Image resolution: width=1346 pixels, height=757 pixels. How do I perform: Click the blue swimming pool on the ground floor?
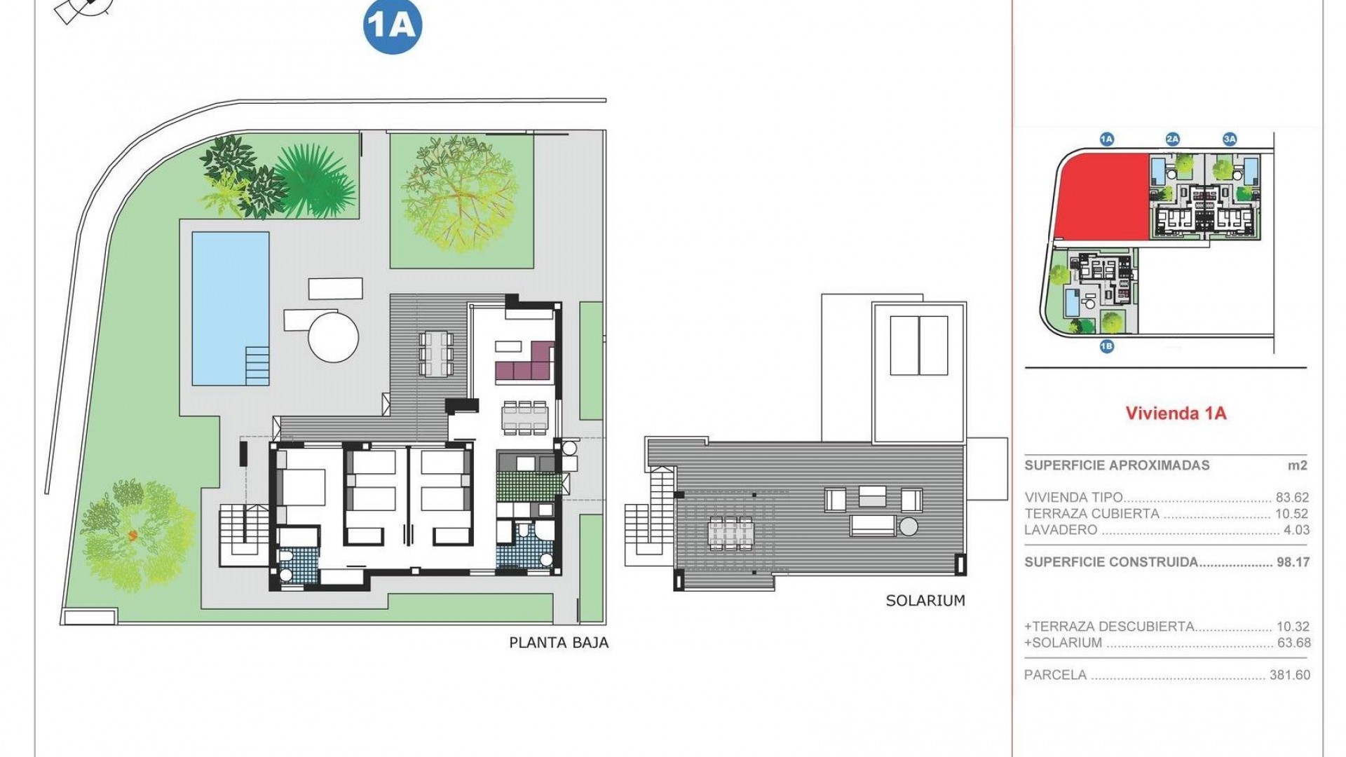[x=231, y=308]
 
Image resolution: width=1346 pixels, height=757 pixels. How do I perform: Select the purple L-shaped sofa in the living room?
[x=527, y=361]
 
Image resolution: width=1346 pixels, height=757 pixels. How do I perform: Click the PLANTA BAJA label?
[x=559, y=642]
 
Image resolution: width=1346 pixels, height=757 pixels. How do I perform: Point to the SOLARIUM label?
[x=925, y=601]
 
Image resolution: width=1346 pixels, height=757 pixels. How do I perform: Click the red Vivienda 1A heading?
[x=1176, y=413]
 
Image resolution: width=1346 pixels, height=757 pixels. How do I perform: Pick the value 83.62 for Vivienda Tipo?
[x=1292, y=498]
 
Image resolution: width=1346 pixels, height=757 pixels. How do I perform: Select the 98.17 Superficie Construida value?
[x=1292, y=562]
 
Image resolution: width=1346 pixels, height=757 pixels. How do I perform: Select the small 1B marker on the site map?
[x=1106, y=346]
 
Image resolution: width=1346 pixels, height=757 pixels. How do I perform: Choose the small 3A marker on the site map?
[x=1230, y=139]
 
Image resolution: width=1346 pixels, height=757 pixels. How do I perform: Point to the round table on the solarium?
[x=909, y=526]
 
